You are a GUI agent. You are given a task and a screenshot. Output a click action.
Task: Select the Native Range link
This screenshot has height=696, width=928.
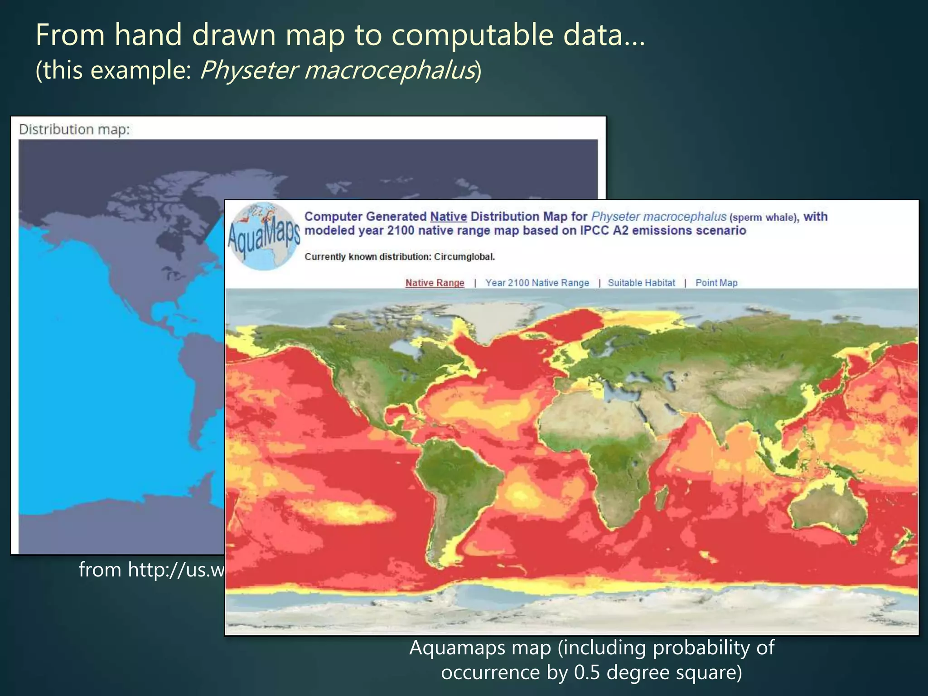point(435,283)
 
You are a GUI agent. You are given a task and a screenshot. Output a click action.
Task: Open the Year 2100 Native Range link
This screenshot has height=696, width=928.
point(537,283)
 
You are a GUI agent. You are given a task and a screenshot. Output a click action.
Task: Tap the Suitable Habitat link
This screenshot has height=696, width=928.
point(641,283)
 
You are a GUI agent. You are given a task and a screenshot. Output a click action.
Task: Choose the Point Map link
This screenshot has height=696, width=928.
point(716,283)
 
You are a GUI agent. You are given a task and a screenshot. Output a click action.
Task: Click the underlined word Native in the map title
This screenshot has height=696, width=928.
point(448,217)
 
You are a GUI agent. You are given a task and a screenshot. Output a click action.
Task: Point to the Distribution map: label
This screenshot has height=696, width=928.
point(74,130)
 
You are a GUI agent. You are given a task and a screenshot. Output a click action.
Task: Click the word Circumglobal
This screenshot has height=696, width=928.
point(464,257)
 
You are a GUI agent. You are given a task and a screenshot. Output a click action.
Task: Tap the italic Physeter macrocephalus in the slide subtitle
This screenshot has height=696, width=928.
point(338,70)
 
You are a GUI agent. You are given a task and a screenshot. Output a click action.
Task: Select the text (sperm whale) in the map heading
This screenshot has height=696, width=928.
point(764,217)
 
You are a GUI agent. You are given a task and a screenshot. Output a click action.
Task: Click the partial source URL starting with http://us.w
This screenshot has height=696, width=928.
point(152,570)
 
